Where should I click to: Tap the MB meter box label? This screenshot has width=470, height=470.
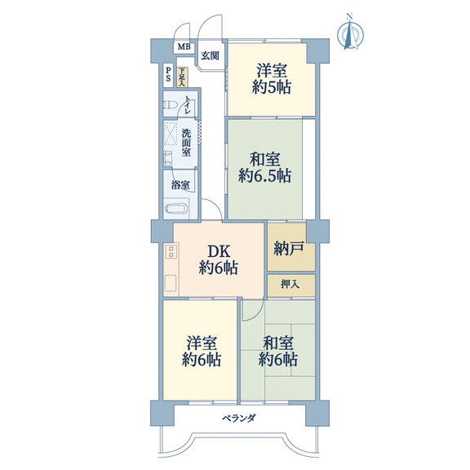click(x=184, y=47)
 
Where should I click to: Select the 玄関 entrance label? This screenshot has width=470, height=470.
click(x=210, y=55)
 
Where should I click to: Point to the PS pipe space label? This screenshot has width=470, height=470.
click(x=168, y=74)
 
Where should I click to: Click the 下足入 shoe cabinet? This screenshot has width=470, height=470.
click(x=182, y=78)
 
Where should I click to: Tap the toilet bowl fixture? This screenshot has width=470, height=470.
click(x=170, y=105)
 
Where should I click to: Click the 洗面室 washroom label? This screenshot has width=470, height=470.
click(x=186, y=142)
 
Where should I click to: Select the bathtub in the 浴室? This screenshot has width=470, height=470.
click(x=176, y=209)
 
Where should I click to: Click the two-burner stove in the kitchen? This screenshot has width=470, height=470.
click(x=171, y=251)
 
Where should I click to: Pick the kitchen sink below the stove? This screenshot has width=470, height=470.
click(x=171, y=283)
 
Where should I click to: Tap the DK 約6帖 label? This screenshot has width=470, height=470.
click(x=219, y=259)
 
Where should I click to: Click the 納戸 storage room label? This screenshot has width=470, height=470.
click(x=289, y=249)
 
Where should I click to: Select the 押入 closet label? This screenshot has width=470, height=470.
click(x=290, y=284)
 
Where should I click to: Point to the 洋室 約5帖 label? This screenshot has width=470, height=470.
click(x=272, y=79)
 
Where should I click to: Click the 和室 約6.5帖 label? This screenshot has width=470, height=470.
click(x=264, y=167)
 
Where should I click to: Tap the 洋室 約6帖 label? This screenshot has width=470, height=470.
click(x=202, y=352)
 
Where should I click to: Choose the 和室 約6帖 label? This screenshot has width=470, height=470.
click(x=278, y=352)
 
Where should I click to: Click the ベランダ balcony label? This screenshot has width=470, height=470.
click(x=239, y=418)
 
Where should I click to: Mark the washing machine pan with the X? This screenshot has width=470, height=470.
click(x=171, y=133)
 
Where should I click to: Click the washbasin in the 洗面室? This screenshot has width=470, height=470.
click(x=168, y=159)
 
